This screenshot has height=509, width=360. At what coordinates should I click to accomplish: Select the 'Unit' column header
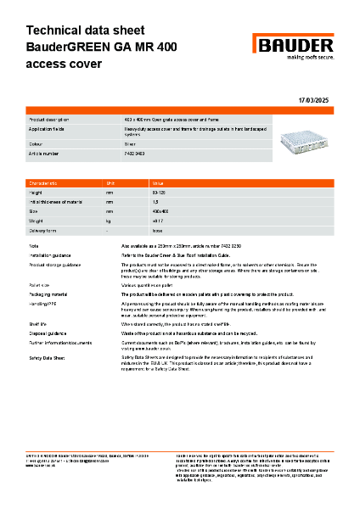tap(110, 183)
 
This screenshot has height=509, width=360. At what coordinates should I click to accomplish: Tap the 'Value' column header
tap(158, 183)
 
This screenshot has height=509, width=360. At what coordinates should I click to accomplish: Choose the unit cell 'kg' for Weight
tap(109, 221)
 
